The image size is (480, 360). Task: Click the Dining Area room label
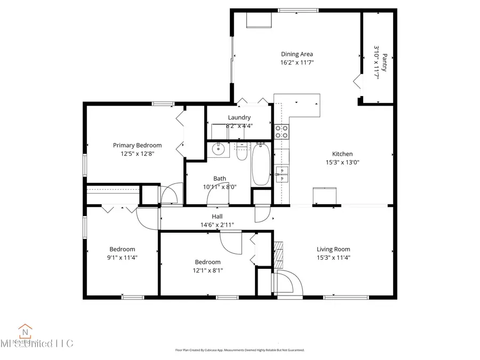(297, 54)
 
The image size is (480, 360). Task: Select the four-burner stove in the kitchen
(282, 131)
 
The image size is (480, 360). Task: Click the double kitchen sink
(282, 172)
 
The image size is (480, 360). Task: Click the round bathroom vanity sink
(218, 149)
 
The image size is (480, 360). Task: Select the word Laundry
(239, 117)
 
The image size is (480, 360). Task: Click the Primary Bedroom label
(137, 145)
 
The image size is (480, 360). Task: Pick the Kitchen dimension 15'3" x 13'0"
(343, 163)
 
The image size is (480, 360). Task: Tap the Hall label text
(217, 216)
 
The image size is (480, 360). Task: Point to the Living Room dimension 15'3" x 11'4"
(333, 258)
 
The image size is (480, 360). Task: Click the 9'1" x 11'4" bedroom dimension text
(122, 258)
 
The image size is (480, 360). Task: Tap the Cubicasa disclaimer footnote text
(240, 350)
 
